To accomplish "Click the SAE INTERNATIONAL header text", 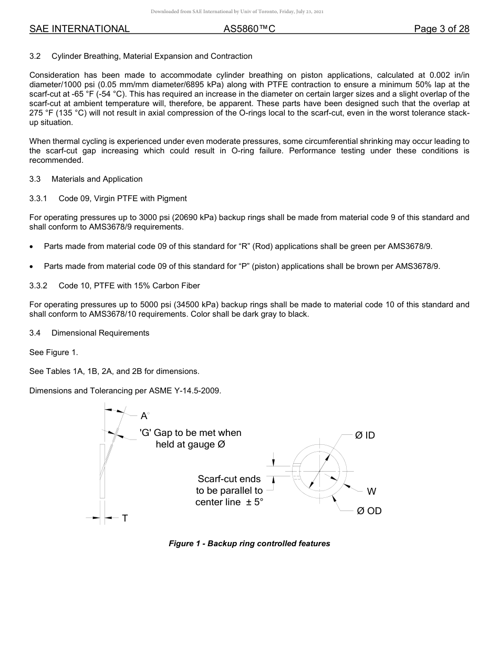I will (79, 29).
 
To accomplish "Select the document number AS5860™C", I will (249, 29).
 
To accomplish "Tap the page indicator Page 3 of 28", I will (441, 29).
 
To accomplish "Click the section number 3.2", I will (35, 56).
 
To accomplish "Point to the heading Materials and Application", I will (97, 179).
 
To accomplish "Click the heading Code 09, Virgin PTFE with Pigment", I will (122, 199).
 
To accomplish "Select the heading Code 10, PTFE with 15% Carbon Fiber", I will (129, 286).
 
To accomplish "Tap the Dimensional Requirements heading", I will (100, 333).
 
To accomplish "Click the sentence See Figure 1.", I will (54, 352).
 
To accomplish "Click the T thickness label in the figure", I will (124, 518).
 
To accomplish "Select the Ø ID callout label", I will (365, 435).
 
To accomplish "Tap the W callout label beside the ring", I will (371, 492).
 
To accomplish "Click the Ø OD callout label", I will (369, 511).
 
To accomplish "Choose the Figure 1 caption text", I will (249, 544).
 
